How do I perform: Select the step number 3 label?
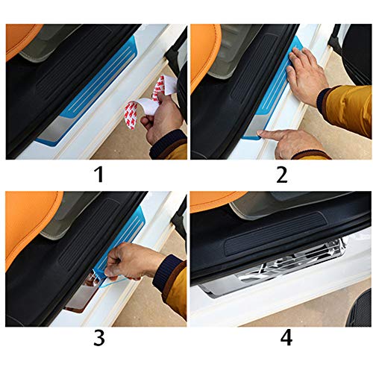click(97, 337)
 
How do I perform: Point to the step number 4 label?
click(285, 337)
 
